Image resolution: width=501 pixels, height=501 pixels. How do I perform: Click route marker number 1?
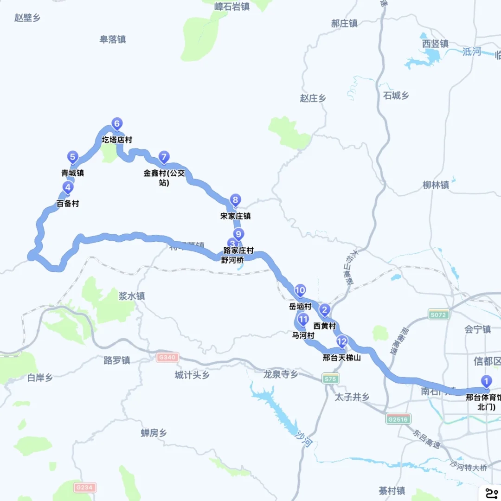[x=486, y=381]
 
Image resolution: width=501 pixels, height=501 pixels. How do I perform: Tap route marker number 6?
[x=117, y=124]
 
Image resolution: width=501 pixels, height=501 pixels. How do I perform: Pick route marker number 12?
[x=342, y=342]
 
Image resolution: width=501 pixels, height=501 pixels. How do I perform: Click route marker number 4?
[x=68, y=188]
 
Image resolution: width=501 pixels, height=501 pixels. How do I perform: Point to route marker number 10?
[x=300, y=291]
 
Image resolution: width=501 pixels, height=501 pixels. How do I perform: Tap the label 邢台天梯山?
[x=342, y=358]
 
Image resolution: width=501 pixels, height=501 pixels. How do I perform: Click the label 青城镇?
[x=73, y=173]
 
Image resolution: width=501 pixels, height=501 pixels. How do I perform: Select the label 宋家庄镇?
[x=236, y=216]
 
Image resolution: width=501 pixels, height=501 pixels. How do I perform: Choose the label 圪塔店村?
[x=117, y=140]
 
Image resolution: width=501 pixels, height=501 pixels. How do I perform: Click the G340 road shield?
[x=167, y=358]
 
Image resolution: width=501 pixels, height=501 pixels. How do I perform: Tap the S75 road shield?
[x=330, y=379]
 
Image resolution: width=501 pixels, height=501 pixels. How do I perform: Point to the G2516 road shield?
[x=398, y=419]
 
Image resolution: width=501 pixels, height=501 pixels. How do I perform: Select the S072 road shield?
[x=439, y=314]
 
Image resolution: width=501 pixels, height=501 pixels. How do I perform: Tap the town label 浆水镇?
[x=132, y=296]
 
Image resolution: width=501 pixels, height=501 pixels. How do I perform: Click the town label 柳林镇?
[x=436, y=185]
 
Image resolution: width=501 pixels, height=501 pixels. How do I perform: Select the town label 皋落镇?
[x=113, y=39]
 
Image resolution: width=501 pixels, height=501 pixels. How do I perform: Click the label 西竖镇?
[x=435, y=44]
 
